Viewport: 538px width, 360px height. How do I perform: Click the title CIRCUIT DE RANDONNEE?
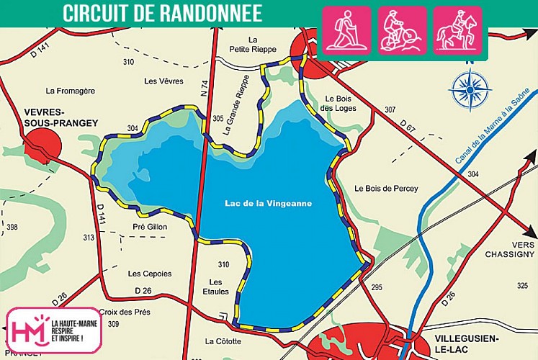[x=162, y=13]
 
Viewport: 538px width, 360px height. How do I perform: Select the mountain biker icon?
[x=402, y=30]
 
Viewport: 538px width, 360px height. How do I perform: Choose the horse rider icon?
[x=457, y=30]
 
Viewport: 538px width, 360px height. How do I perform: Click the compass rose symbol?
[x=470, y=90]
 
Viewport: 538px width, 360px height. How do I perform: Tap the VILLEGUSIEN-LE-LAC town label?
[x=476, y=342]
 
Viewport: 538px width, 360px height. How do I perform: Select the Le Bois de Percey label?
[x=386, y=189]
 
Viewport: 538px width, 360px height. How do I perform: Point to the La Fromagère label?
[x=70, y=91]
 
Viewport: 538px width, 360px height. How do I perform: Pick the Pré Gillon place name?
[x=150, y=226]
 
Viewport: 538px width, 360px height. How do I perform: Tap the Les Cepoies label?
[x=150, y=274]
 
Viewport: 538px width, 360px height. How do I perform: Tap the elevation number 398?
[x=12, y=227]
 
